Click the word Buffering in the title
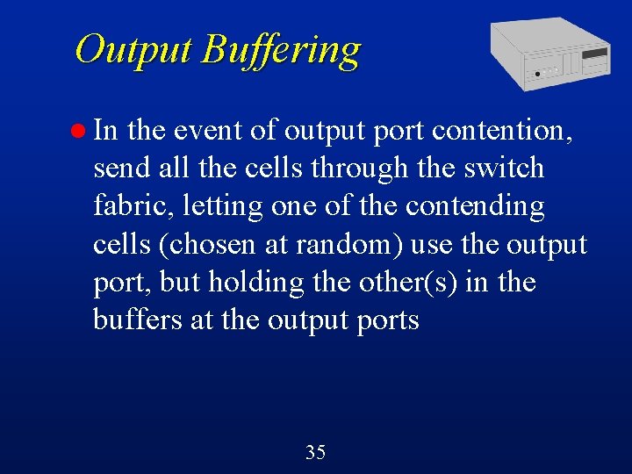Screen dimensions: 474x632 click(280, 50)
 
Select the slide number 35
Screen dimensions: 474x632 click(315, 453)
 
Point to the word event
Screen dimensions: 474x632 click(205, 131)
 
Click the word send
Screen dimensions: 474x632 click(120, 168)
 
